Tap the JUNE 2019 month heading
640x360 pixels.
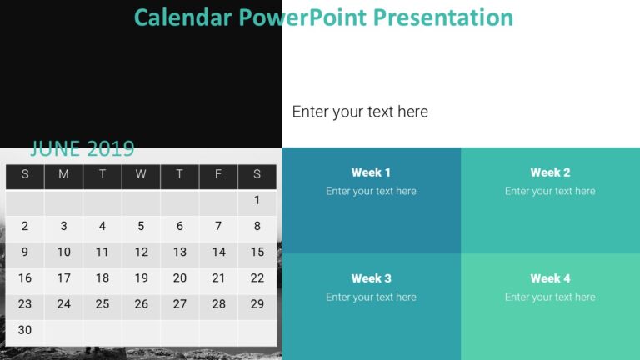click(82, 149)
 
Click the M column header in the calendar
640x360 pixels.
click(63, 174)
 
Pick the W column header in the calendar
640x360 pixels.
click(141, 174)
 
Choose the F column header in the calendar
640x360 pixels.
click(218, 174)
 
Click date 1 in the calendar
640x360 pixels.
click(257, 200)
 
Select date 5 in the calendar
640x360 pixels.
click(141, 226)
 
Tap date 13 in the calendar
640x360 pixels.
click(180, 252)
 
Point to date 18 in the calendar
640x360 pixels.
click(102, 278)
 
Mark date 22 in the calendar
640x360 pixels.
click(257, 278)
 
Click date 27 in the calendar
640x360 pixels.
click(180, 304)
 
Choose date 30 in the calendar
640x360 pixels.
click(25, 330)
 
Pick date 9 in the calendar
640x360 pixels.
click(25, 252)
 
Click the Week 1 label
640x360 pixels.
click(371, 172)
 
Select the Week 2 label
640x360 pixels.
click(550, 172)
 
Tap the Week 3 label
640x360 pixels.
click(371, 278)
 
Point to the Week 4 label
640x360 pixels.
click(550, 278)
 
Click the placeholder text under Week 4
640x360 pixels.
click(550, 297)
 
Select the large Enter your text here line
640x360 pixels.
click(360, 112)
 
